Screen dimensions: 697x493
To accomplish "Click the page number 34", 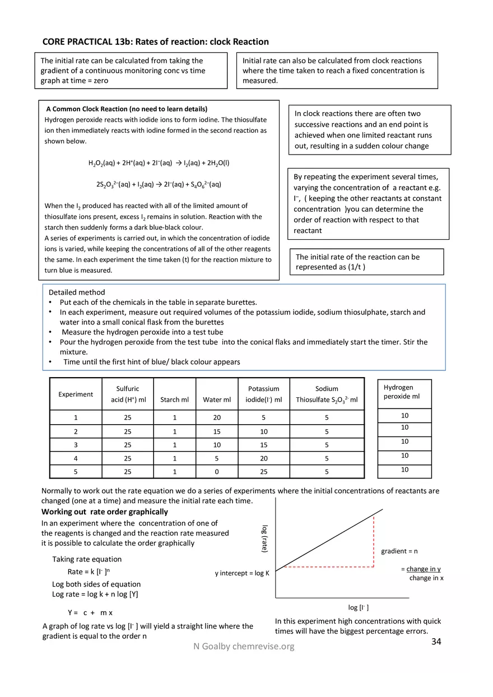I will tap(436, 642).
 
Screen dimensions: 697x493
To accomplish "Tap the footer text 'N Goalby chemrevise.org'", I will tap(244, 647).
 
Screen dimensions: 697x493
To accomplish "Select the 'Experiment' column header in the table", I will tap(76, 394).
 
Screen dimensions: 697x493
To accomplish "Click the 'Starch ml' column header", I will tap(174, 399).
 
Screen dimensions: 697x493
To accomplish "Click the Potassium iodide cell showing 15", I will tap(263, 445).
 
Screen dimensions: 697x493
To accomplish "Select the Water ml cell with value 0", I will tap(216, 472).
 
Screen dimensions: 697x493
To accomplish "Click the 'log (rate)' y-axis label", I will tap(265, 540).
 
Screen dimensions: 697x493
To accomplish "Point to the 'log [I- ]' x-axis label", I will tap(358, 607).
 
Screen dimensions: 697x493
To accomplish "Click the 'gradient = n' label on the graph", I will tap(399, 551).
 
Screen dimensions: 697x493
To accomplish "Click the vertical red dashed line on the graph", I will tap(374, 541).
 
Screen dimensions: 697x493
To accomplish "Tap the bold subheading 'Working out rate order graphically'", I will tap(104, 512).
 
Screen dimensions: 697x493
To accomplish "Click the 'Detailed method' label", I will tap(77, 292).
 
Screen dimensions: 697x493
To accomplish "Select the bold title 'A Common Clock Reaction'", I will tap(126, 109).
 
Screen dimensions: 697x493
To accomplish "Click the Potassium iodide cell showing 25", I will tap(263, 472).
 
